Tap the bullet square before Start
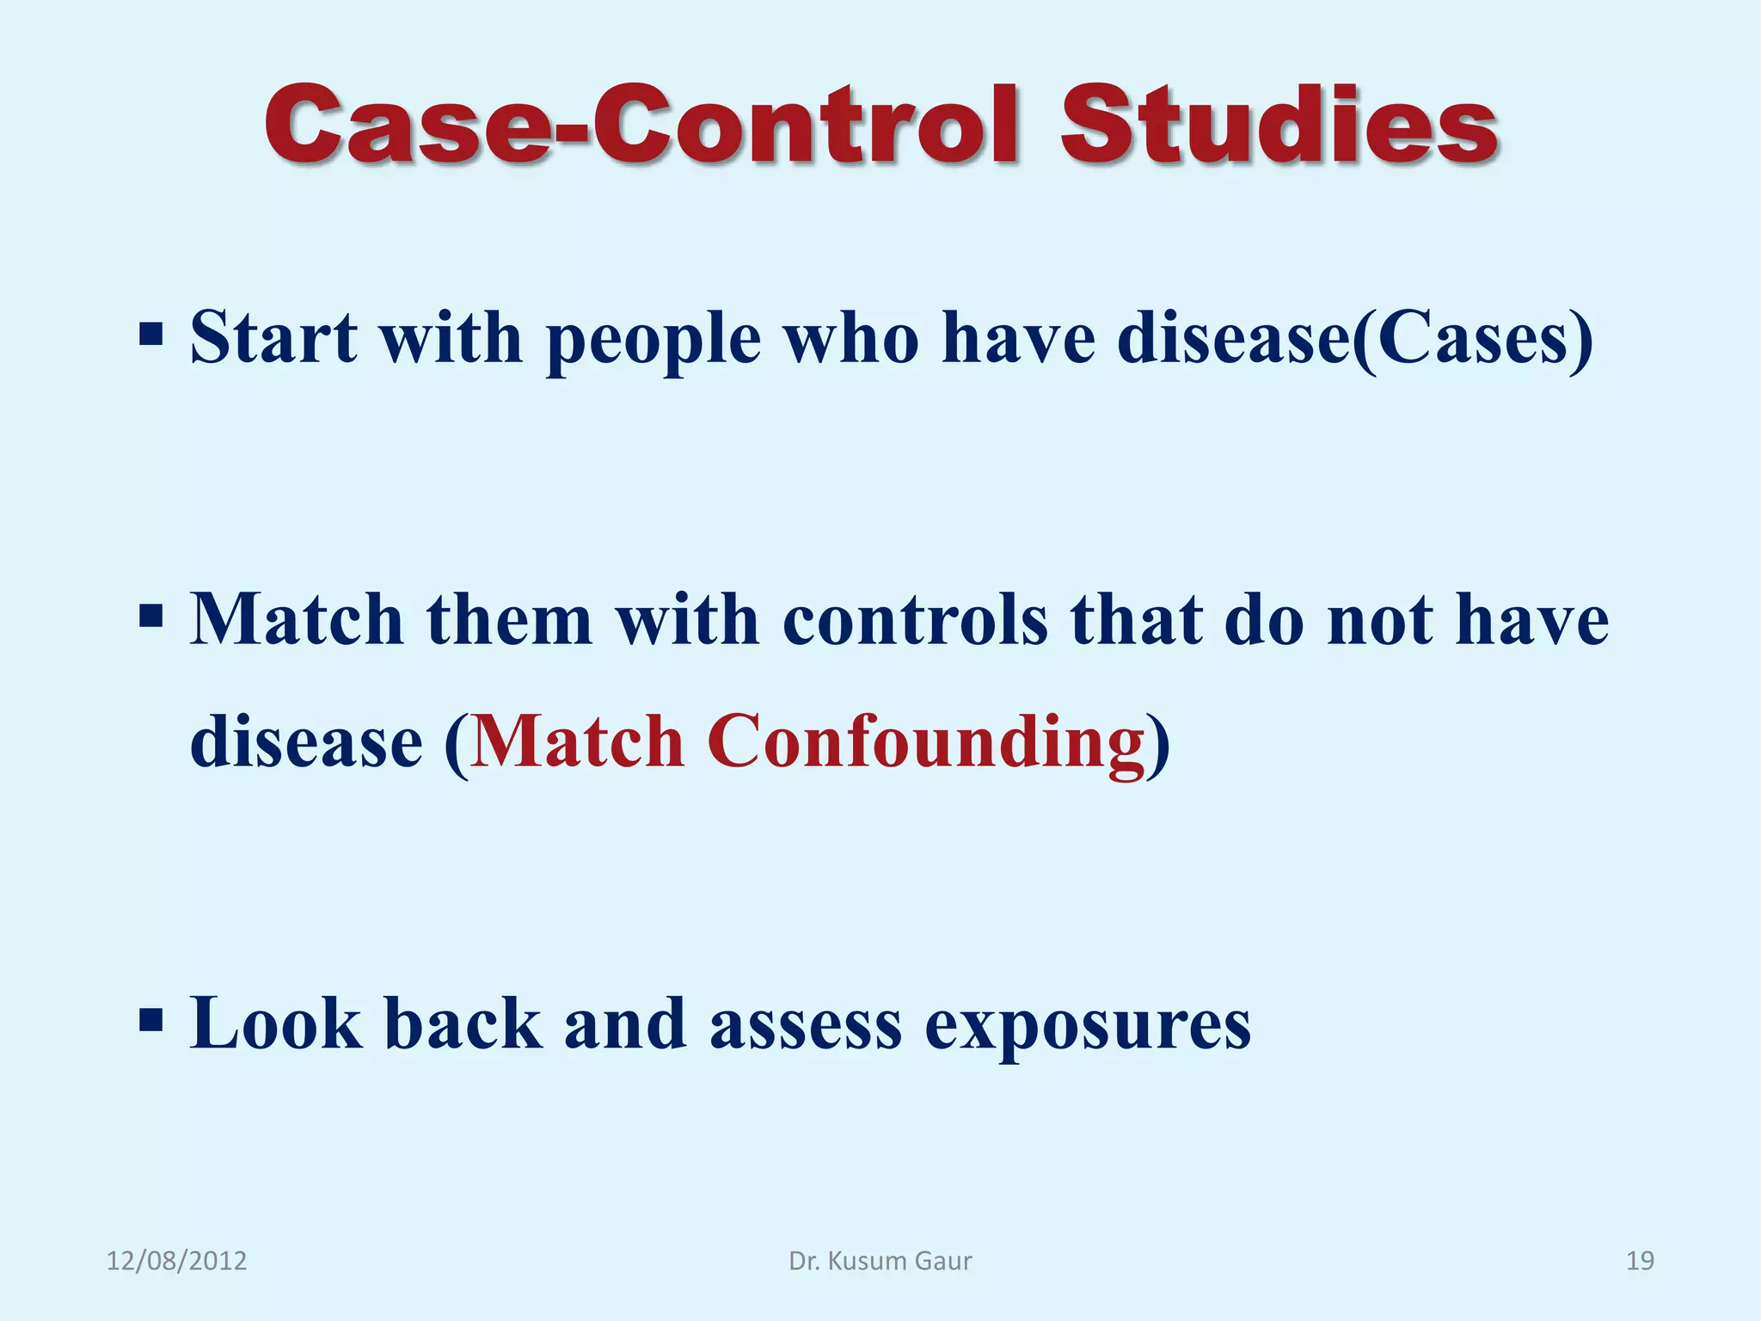coord(150,335)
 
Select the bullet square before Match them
coord(150,616)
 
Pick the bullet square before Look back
coord(150,1020)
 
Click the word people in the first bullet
coord(653,341)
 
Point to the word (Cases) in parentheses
coord(1473,339)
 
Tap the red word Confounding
coord(926,741)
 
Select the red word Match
coord(577,741)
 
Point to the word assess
coord(805,1025)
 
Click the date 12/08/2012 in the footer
coord(176,1261)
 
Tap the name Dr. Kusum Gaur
coord(880,1261)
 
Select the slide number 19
coord(1640,1261)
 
